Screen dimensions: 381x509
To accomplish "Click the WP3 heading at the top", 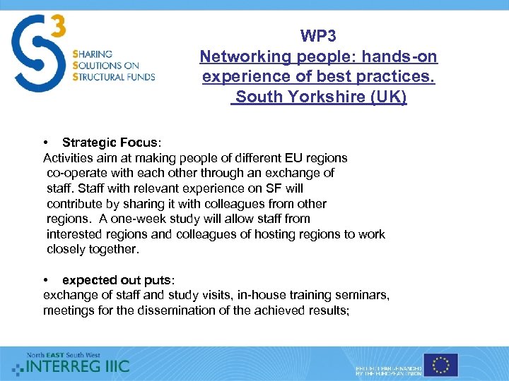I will click(318, 36).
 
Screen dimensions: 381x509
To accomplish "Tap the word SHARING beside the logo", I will click(92, 54).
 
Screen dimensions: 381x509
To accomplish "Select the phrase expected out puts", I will click(112, 280).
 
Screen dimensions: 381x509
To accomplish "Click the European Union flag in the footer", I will click(442, 365).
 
